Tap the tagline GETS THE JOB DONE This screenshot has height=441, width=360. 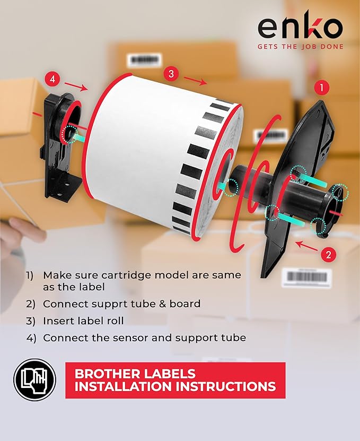pos(300,47)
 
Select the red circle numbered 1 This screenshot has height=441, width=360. pos(322,87)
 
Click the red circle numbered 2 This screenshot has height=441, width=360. pos(328,254)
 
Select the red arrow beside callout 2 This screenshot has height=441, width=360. pos(306,246)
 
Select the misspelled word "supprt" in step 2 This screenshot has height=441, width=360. pos(108,304)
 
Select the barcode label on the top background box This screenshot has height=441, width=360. pos(144,60)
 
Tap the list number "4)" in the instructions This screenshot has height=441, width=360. pos(31,338)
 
